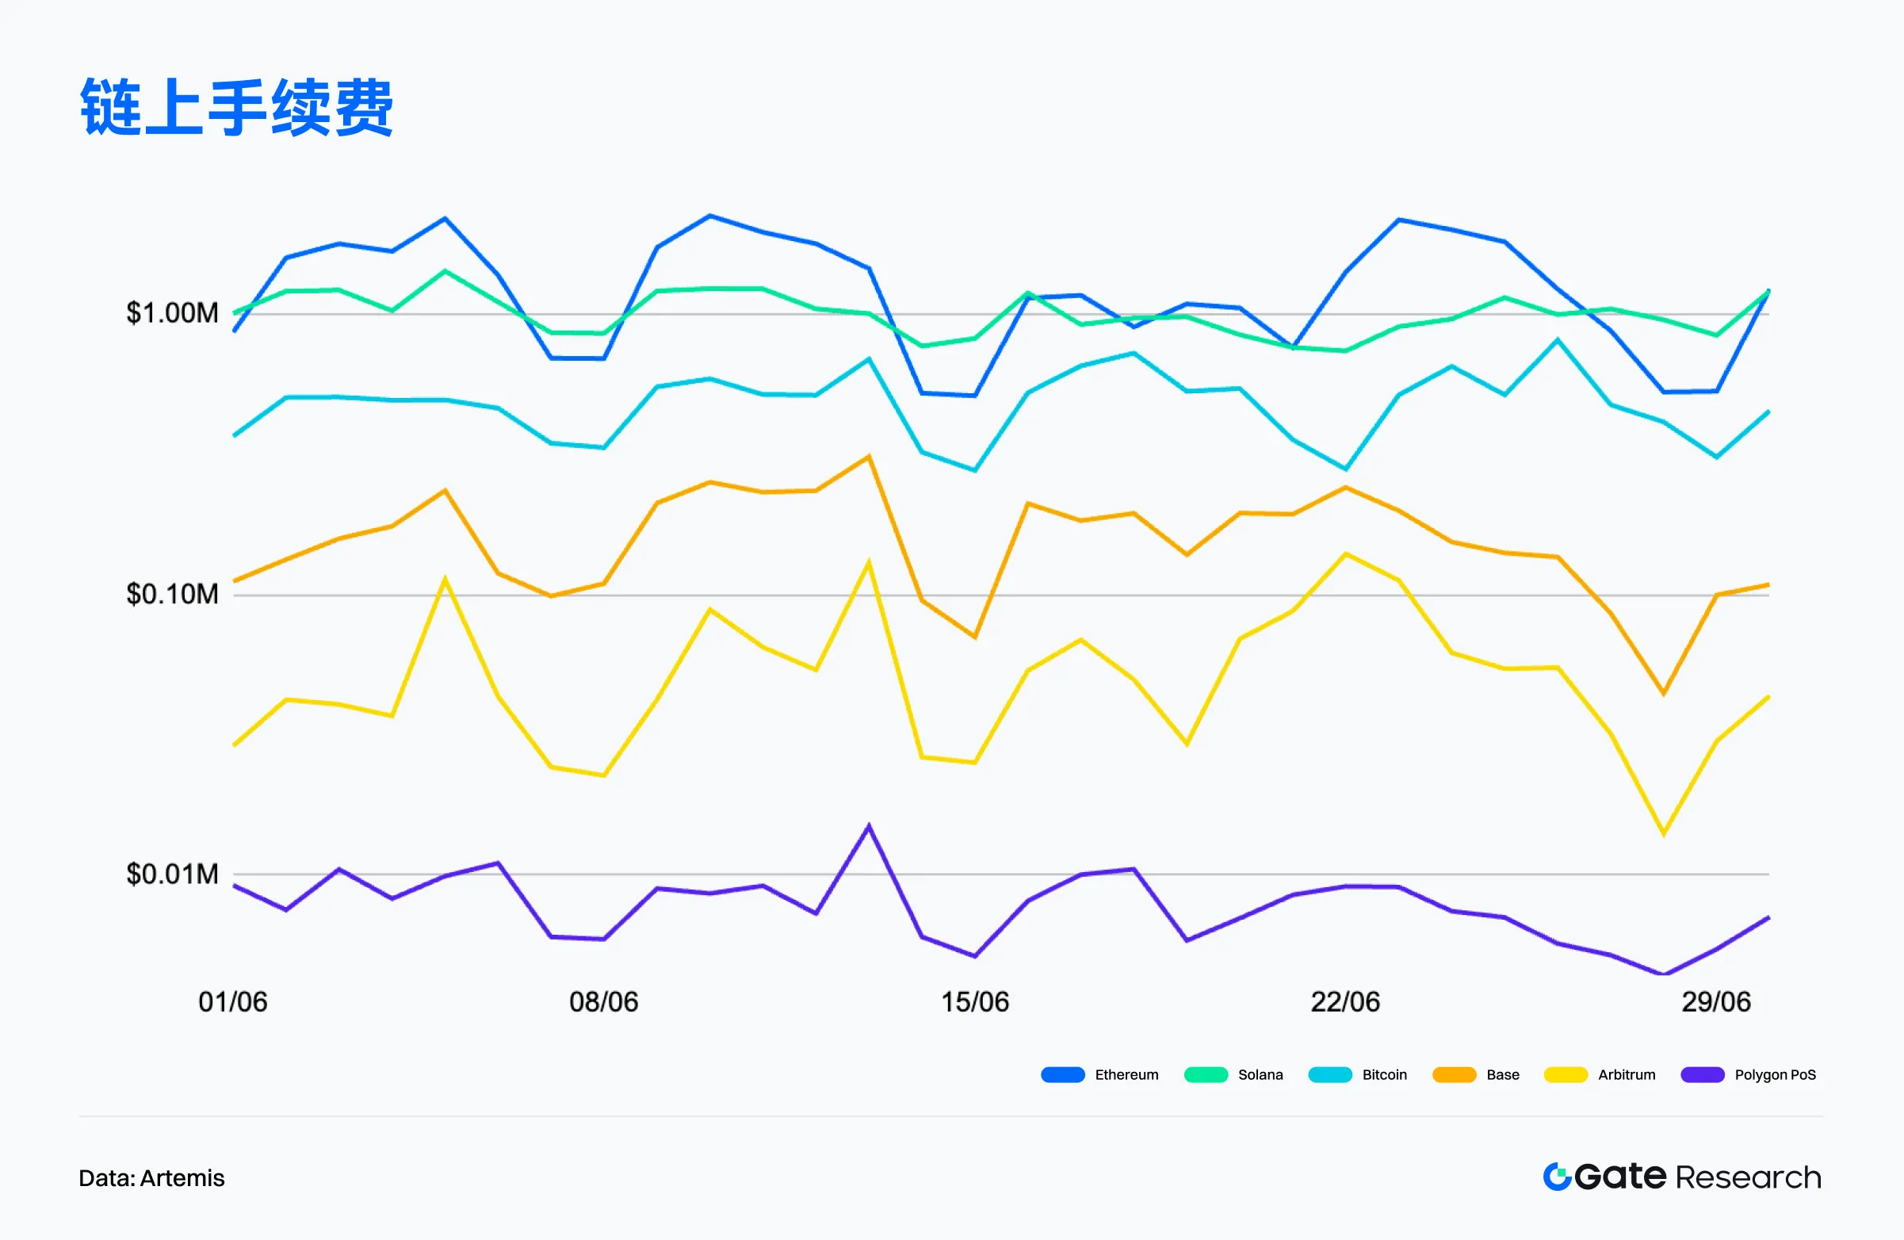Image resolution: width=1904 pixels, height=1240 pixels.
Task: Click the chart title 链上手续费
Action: click(x=237, y=107)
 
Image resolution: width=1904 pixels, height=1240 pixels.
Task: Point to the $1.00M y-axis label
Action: click(x=172, y=313)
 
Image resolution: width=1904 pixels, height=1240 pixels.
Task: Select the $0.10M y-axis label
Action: click(x=172, y=594)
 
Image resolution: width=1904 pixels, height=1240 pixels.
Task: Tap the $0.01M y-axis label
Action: click(x=172, y=874)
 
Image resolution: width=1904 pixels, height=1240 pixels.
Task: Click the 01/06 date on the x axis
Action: click(x=233, y=1001)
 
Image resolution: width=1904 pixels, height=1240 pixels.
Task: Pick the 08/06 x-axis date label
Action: click(x=603, y=1001)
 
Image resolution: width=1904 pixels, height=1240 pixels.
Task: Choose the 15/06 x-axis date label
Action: click(x=974, y=1001)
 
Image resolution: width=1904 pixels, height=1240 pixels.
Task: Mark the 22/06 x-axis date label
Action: click(x=1345, y=1001)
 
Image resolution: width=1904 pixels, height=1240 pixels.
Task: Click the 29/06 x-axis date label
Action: click(x=1716, y=1001)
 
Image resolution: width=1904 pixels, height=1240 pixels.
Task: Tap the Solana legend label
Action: click(x=1260, y=1074)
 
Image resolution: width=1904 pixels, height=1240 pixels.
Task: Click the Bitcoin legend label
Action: click(x=1384, y=1074)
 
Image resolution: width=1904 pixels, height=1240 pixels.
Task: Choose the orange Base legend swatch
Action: click(x=1454, y=1074)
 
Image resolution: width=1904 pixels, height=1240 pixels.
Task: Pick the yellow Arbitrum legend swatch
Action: click(x=1566, y=1074)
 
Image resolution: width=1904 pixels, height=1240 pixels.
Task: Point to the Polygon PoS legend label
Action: click(x=1775, y=1074)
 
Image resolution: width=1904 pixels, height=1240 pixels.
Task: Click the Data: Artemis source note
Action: click(x=151, y=1177)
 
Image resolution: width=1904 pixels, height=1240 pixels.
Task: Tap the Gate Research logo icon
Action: click(x=1557, y=1177)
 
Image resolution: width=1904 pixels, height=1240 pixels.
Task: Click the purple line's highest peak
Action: click(x=869, y=826)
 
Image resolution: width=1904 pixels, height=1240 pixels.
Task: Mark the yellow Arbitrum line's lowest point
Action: click(x=1663, y=833)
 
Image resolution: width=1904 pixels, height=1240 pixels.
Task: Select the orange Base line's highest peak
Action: click(x=869, y=457)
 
